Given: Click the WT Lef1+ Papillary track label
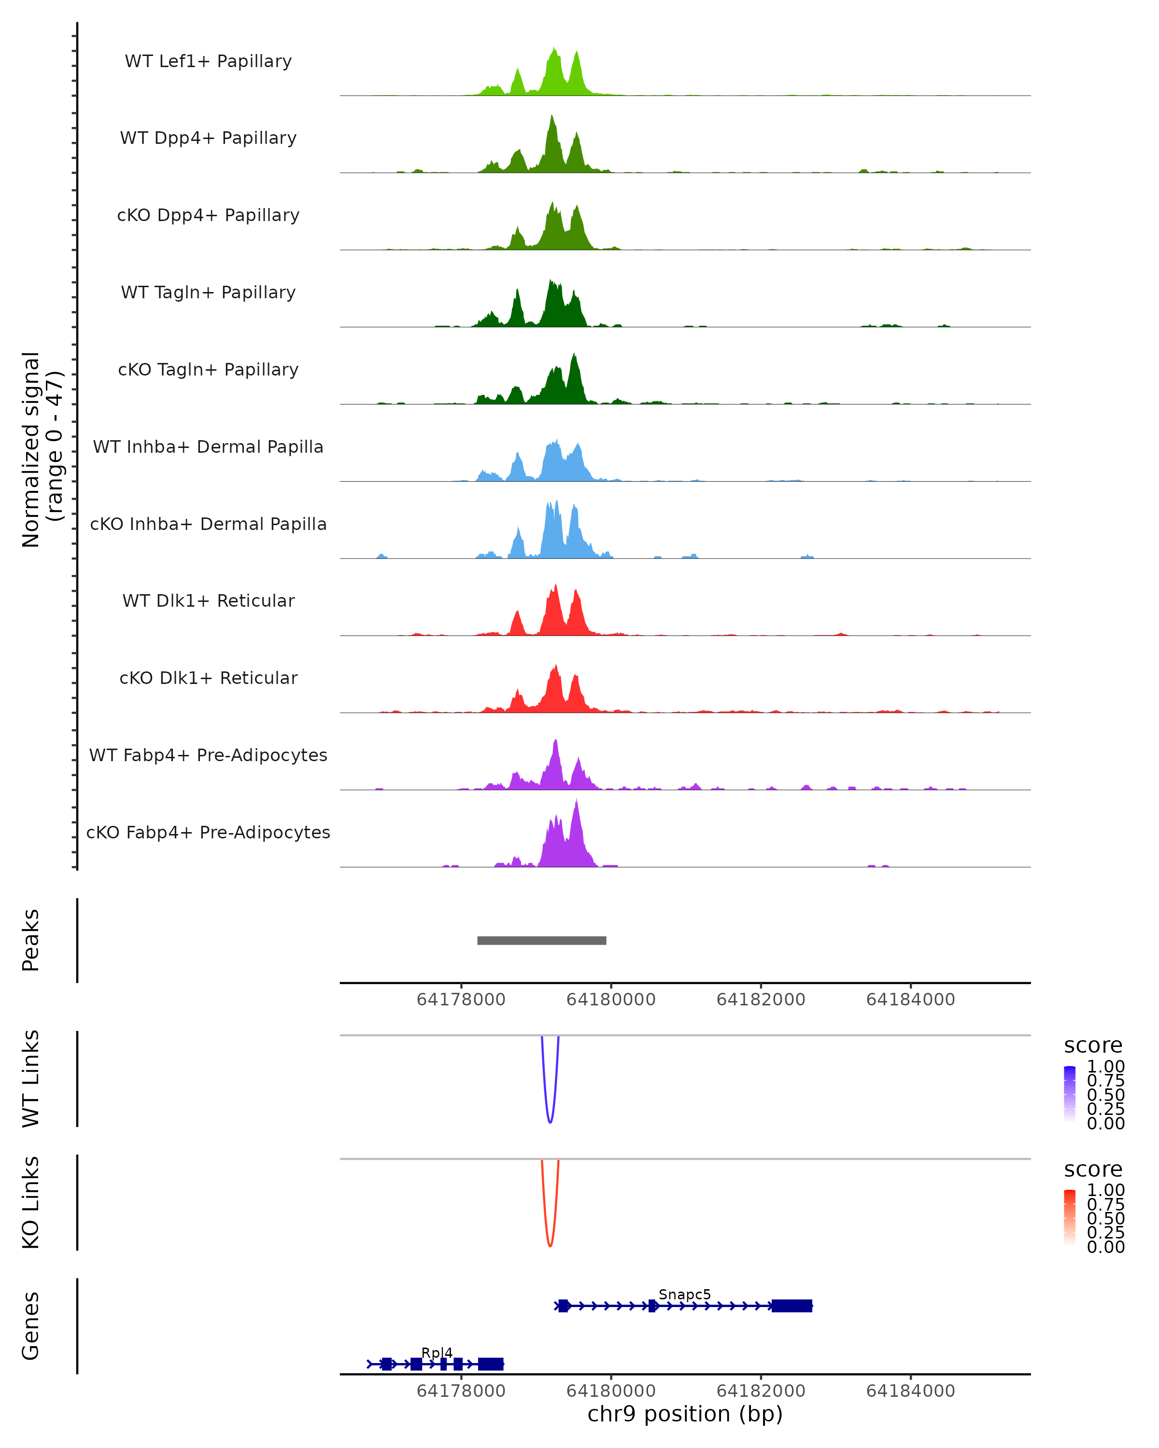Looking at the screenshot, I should [208, 61].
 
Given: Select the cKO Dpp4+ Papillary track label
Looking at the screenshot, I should [208, 215].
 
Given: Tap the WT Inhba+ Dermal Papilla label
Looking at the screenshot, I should [208, 446].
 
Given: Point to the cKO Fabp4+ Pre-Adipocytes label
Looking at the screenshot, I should [208, 832].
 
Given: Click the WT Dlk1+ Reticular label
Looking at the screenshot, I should [208, 600].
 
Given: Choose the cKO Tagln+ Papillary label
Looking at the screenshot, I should [208, 369].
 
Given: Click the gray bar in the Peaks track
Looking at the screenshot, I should [541, 940].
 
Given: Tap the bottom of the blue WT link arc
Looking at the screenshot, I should [550, 1122].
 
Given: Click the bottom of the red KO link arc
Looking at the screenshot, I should [550, 1245].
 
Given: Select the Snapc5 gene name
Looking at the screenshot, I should [684, 1294].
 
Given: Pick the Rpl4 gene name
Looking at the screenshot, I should [437, 1352].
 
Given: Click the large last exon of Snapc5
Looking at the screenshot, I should [792, 1306].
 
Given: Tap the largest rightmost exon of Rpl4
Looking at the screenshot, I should [491, 1364].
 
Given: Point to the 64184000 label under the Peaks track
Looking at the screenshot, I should [910, 1000].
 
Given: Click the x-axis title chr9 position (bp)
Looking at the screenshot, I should [685, 1414].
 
